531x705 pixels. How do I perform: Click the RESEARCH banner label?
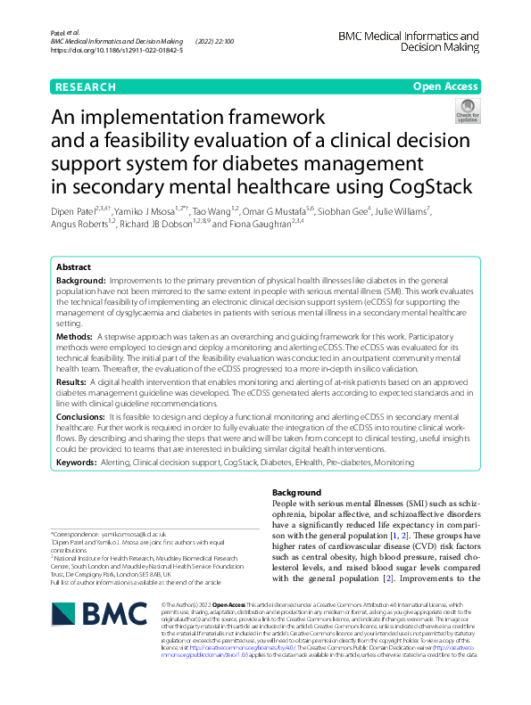coord(85,86)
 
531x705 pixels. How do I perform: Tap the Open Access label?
coord(445,86)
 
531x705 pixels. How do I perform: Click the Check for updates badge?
coord(467,111)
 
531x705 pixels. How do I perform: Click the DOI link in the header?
coord(116,51)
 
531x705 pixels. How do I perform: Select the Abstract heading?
coord(73,267)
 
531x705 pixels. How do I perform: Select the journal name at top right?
coord(408,43)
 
